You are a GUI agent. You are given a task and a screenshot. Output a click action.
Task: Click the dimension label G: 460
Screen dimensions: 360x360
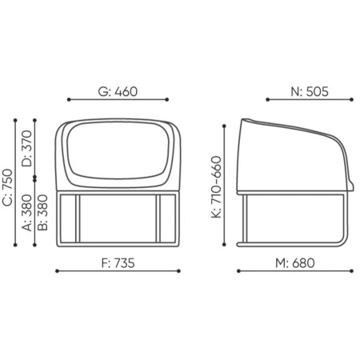[x=118, y=91]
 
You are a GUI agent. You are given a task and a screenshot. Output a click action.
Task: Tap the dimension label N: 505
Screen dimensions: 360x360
[x=310, y=91]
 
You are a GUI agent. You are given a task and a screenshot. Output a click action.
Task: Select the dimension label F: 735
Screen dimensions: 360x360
[x=118, y=262]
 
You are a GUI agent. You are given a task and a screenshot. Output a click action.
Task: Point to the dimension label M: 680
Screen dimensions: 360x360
[x=295, y=262]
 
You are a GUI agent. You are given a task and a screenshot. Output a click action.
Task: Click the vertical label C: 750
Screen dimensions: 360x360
[x=8, y=189]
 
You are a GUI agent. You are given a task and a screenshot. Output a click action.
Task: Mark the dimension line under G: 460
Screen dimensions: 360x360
[x=118, y=100]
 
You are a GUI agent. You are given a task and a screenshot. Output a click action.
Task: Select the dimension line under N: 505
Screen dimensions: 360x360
[x=310, y=100]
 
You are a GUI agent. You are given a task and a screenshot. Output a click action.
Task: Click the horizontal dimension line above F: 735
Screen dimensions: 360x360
[x=118, y=270]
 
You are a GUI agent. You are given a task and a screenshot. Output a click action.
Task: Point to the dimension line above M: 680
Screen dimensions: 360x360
[x=295, y=270]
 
